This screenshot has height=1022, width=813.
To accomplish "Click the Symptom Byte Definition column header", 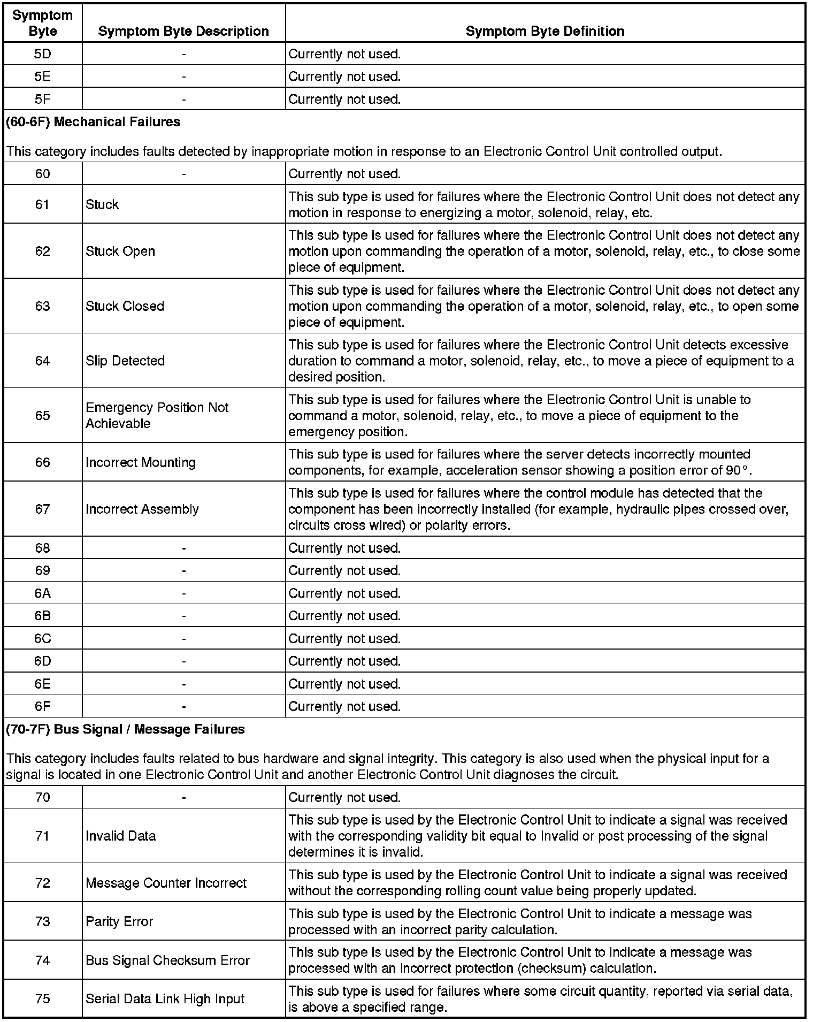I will tap(544, 31).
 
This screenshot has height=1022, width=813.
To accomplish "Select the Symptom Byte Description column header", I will tap(183, 31).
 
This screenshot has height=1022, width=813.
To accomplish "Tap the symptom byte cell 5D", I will tap(43, 54).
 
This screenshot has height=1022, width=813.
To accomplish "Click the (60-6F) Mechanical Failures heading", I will tap(94, 122).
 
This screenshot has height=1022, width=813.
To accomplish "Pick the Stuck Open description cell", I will tap(120, 251).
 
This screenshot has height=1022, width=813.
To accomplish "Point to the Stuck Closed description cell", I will tap(125, 306).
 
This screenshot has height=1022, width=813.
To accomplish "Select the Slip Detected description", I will tap(125, 361).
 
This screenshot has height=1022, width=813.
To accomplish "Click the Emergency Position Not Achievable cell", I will tap(157, 415).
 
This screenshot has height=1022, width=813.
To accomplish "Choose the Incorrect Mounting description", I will tap(141, 462).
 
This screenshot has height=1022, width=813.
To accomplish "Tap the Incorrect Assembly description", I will tap(142, 509).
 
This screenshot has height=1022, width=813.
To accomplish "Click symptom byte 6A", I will tap(43, 593).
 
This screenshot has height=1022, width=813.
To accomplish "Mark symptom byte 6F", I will tap(43, 706).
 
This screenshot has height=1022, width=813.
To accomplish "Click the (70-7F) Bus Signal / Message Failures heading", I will tap(125, 729).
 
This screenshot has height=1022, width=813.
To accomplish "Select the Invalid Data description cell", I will tap(121, 836).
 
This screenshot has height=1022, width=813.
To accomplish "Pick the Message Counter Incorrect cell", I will tap(166, 883).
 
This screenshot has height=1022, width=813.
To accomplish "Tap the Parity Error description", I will tap(119, 921).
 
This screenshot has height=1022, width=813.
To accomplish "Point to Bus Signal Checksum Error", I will tap(167, 960).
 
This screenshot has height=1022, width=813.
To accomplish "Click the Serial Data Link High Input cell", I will tap(165, 999).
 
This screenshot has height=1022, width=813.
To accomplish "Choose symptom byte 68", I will tap(43, 548).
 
